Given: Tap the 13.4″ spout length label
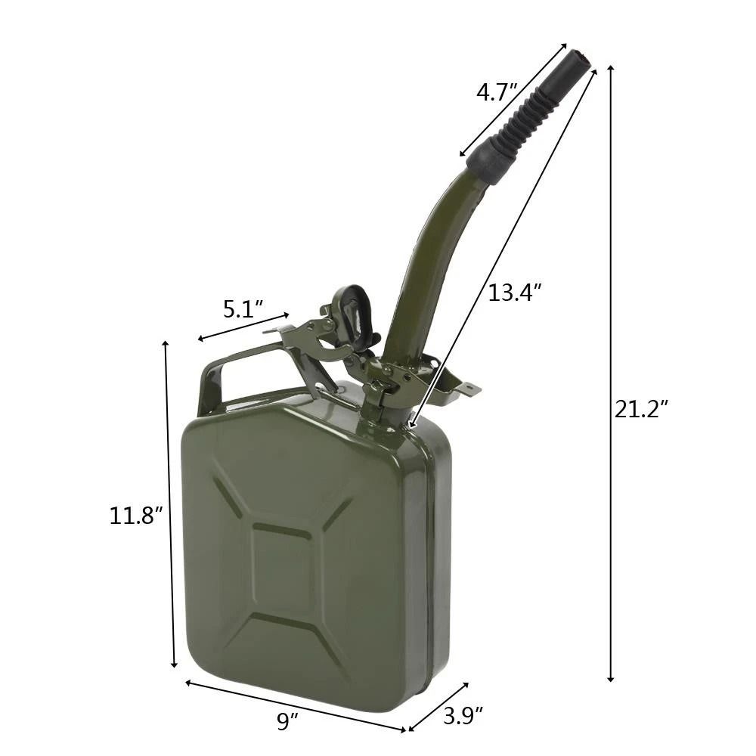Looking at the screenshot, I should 515,293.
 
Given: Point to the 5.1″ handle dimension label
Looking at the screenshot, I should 243,308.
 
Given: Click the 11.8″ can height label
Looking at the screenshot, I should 137,516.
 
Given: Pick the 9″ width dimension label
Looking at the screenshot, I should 284,721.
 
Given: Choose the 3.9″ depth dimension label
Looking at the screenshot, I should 463,714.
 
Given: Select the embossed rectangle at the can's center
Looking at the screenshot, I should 281,566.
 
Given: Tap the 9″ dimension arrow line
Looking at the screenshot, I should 295,706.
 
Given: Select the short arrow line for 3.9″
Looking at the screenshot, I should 438,707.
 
